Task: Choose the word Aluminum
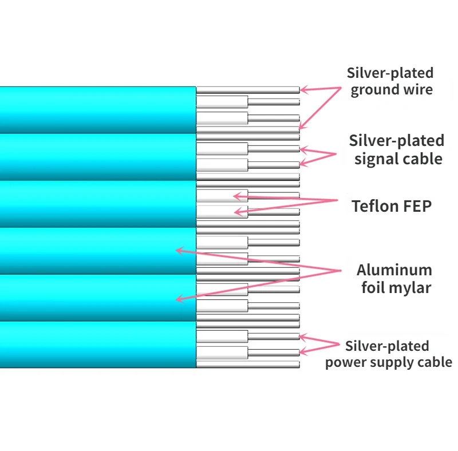tap(394, 270)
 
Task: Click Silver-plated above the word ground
tap(390, 73)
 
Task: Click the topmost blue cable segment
tap(97, 109)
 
